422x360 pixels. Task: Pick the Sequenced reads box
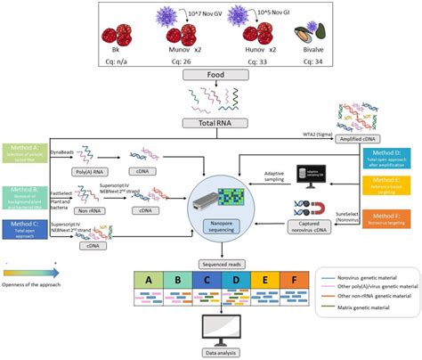point(211,266)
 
